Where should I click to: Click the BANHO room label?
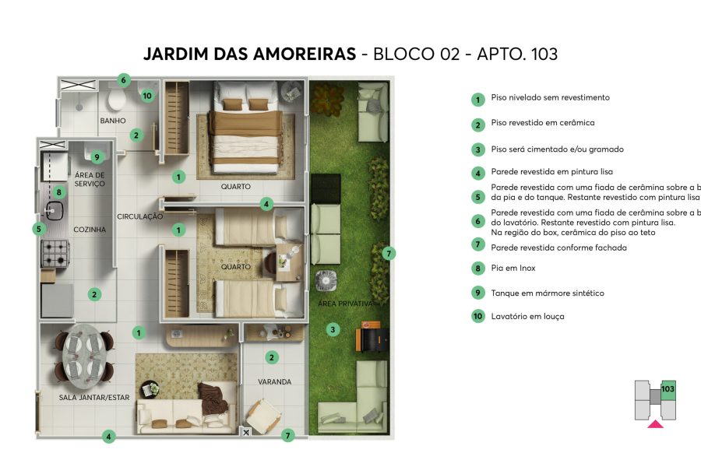point(113,121)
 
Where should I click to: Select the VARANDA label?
point(274,382)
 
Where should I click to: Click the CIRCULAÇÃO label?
point(139,216)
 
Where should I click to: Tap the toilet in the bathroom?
point(118,100)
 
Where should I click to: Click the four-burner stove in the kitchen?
point(55,253)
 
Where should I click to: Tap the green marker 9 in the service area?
point(97,156)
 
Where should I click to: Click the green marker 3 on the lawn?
point(333,329)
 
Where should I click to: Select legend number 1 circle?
point(477,99)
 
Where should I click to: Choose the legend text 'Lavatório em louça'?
point(527,317)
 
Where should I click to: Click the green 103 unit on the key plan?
point(668,388)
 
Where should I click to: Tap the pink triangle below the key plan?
point(656,424)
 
